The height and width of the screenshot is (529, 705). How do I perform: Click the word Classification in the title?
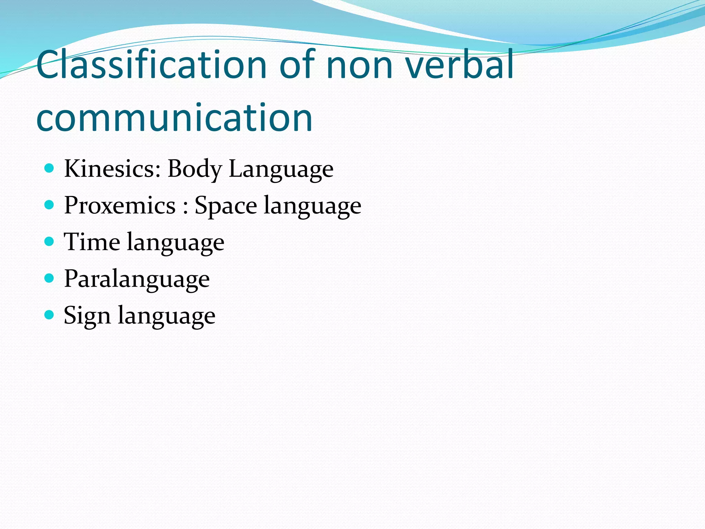[151, 65]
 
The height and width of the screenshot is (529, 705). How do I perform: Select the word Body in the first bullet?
[194, 169]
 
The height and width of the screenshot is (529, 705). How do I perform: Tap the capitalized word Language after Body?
[281, 169]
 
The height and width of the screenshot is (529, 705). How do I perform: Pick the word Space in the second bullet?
[225, 206]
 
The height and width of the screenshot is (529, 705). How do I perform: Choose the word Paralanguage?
[137, 279]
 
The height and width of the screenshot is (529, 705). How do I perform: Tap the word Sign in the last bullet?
[87, 316]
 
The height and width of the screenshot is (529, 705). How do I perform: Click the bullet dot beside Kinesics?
[50, 168]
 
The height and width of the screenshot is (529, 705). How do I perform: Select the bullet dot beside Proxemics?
[50, 205]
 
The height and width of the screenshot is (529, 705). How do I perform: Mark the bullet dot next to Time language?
[50, 241]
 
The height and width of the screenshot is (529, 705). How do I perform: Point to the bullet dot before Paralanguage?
[50, 278]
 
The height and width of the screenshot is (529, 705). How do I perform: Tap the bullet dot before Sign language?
[50, 314]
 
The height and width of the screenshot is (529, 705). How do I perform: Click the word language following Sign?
[167, 316]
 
